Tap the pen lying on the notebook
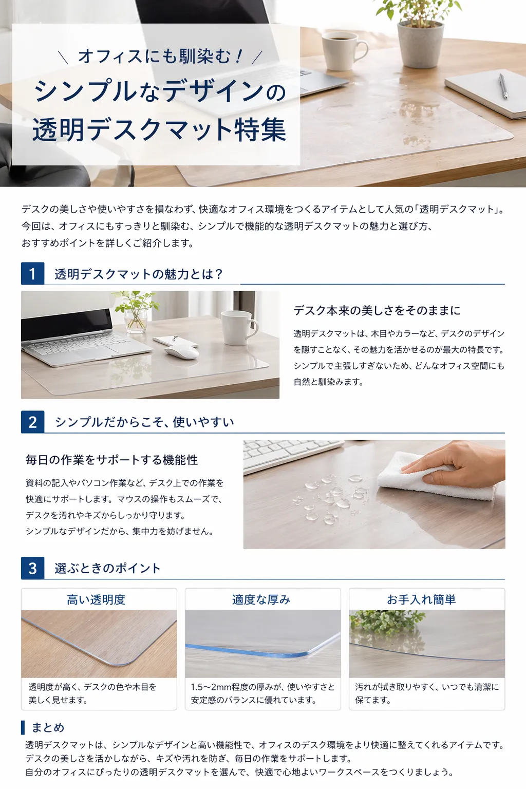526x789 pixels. tap(503, 86)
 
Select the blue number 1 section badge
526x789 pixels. tap(32, 273)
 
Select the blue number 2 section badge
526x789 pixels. tap(32, 422)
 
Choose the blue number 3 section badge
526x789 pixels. tap(32, 568)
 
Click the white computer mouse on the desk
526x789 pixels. tap(181, 352)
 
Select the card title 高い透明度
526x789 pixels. tap(96, 599)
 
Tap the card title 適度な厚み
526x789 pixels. tap(261, 599)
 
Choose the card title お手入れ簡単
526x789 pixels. tap(421, 599)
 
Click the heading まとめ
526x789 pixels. tap(48, 727)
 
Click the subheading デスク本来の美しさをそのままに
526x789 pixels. tap(377, 310)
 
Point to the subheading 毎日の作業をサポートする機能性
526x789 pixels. tap(111, 460)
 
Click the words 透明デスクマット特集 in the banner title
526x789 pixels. tap(159, 129)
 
